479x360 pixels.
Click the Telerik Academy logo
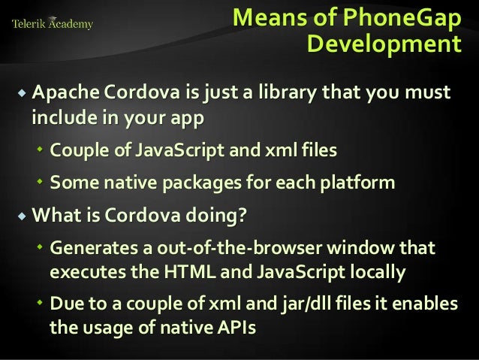click(x=52, y=24)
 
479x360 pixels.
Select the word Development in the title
click(x=384, y=44)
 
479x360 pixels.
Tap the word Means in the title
click(x=265, y=17)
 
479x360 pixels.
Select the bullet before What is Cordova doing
click(x=20, y=215)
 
